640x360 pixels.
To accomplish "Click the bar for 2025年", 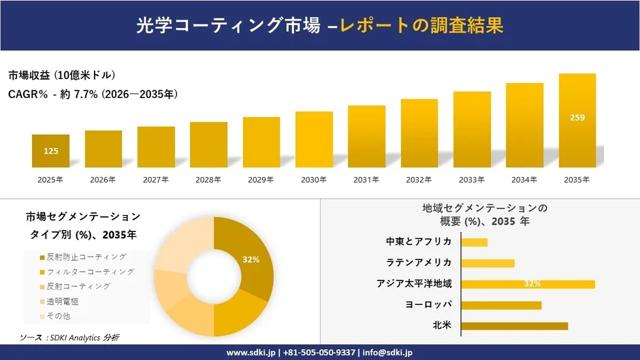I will [50, 150].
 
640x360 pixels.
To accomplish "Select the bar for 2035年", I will [577, 120].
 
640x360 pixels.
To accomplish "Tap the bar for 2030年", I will [314, 140].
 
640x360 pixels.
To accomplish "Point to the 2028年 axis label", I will [208, 180].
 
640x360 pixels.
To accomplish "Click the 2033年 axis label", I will [472, 180].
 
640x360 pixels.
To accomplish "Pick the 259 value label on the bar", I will [577, 118].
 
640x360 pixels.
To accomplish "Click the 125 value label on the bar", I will [50, 151].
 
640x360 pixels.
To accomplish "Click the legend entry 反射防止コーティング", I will [86, 257].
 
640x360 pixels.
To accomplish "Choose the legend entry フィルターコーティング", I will [90, 272].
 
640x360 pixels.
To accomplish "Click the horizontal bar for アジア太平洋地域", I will [528, 284].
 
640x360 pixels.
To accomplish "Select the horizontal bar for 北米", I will [514, 326].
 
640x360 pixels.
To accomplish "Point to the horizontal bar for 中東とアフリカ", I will [474, 242].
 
